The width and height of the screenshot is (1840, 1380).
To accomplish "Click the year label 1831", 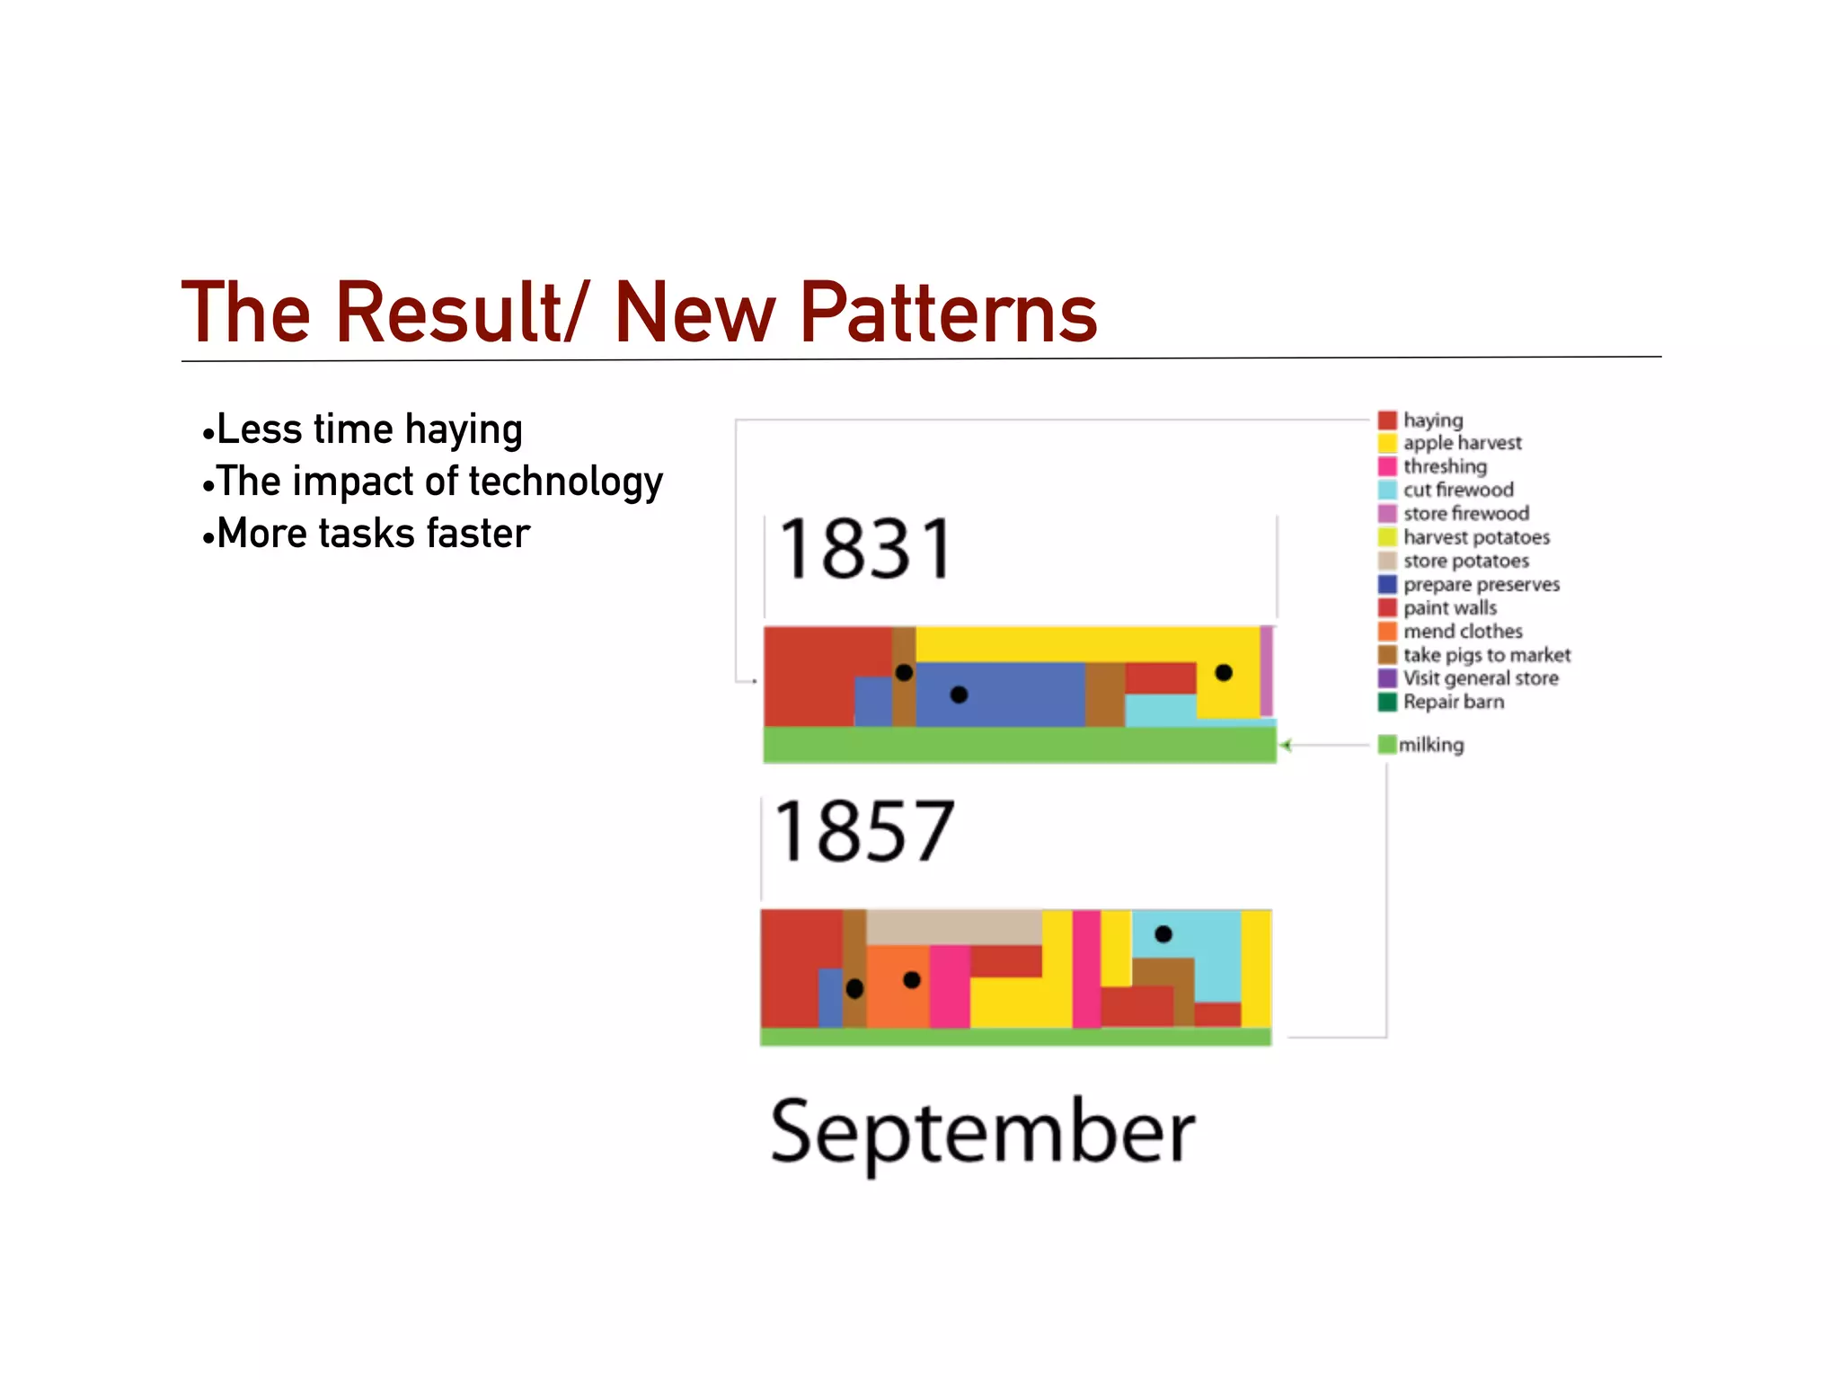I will pyautogui.click(x=865, y=549).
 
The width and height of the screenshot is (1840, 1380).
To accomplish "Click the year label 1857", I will pyautogui.click(x=863, y=832).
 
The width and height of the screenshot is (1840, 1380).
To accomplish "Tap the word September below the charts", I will pyautogui.click(x=983, y=1132).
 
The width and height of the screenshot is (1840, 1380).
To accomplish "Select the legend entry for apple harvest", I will pyautogui.click(x=1462, y=443).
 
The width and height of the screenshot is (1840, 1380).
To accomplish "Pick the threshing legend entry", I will pyautogui.click(x=1445, y=466).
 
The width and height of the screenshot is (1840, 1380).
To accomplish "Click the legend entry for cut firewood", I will pyautogui.click(x=1457, y=490).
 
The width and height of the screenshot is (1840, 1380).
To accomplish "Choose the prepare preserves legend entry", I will pyautogui.click(x=1481, y=584).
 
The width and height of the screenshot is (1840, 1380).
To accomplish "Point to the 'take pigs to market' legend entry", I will pyautogui.click(x=1486, y=655).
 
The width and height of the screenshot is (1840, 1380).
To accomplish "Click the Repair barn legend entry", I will pyautogui.click(x=1453, y=702).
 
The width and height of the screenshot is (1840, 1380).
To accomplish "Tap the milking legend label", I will pyautogui.click(x=1430, y=745).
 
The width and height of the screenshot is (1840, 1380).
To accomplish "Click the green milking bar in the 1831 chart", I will pyautogui.click(x=1019, y=745).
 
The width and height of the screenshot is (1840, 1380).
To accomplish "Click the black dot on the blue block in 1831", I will pyautogui.click(x=959, y=694).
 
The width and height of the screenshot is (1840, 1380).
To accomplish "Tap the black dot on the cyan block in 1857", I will pyautogui.click(x=1163, y=934).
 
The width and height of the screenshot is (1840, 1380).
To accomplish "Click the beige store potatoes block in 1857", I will pyautogui.click(x=952, y=926).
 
